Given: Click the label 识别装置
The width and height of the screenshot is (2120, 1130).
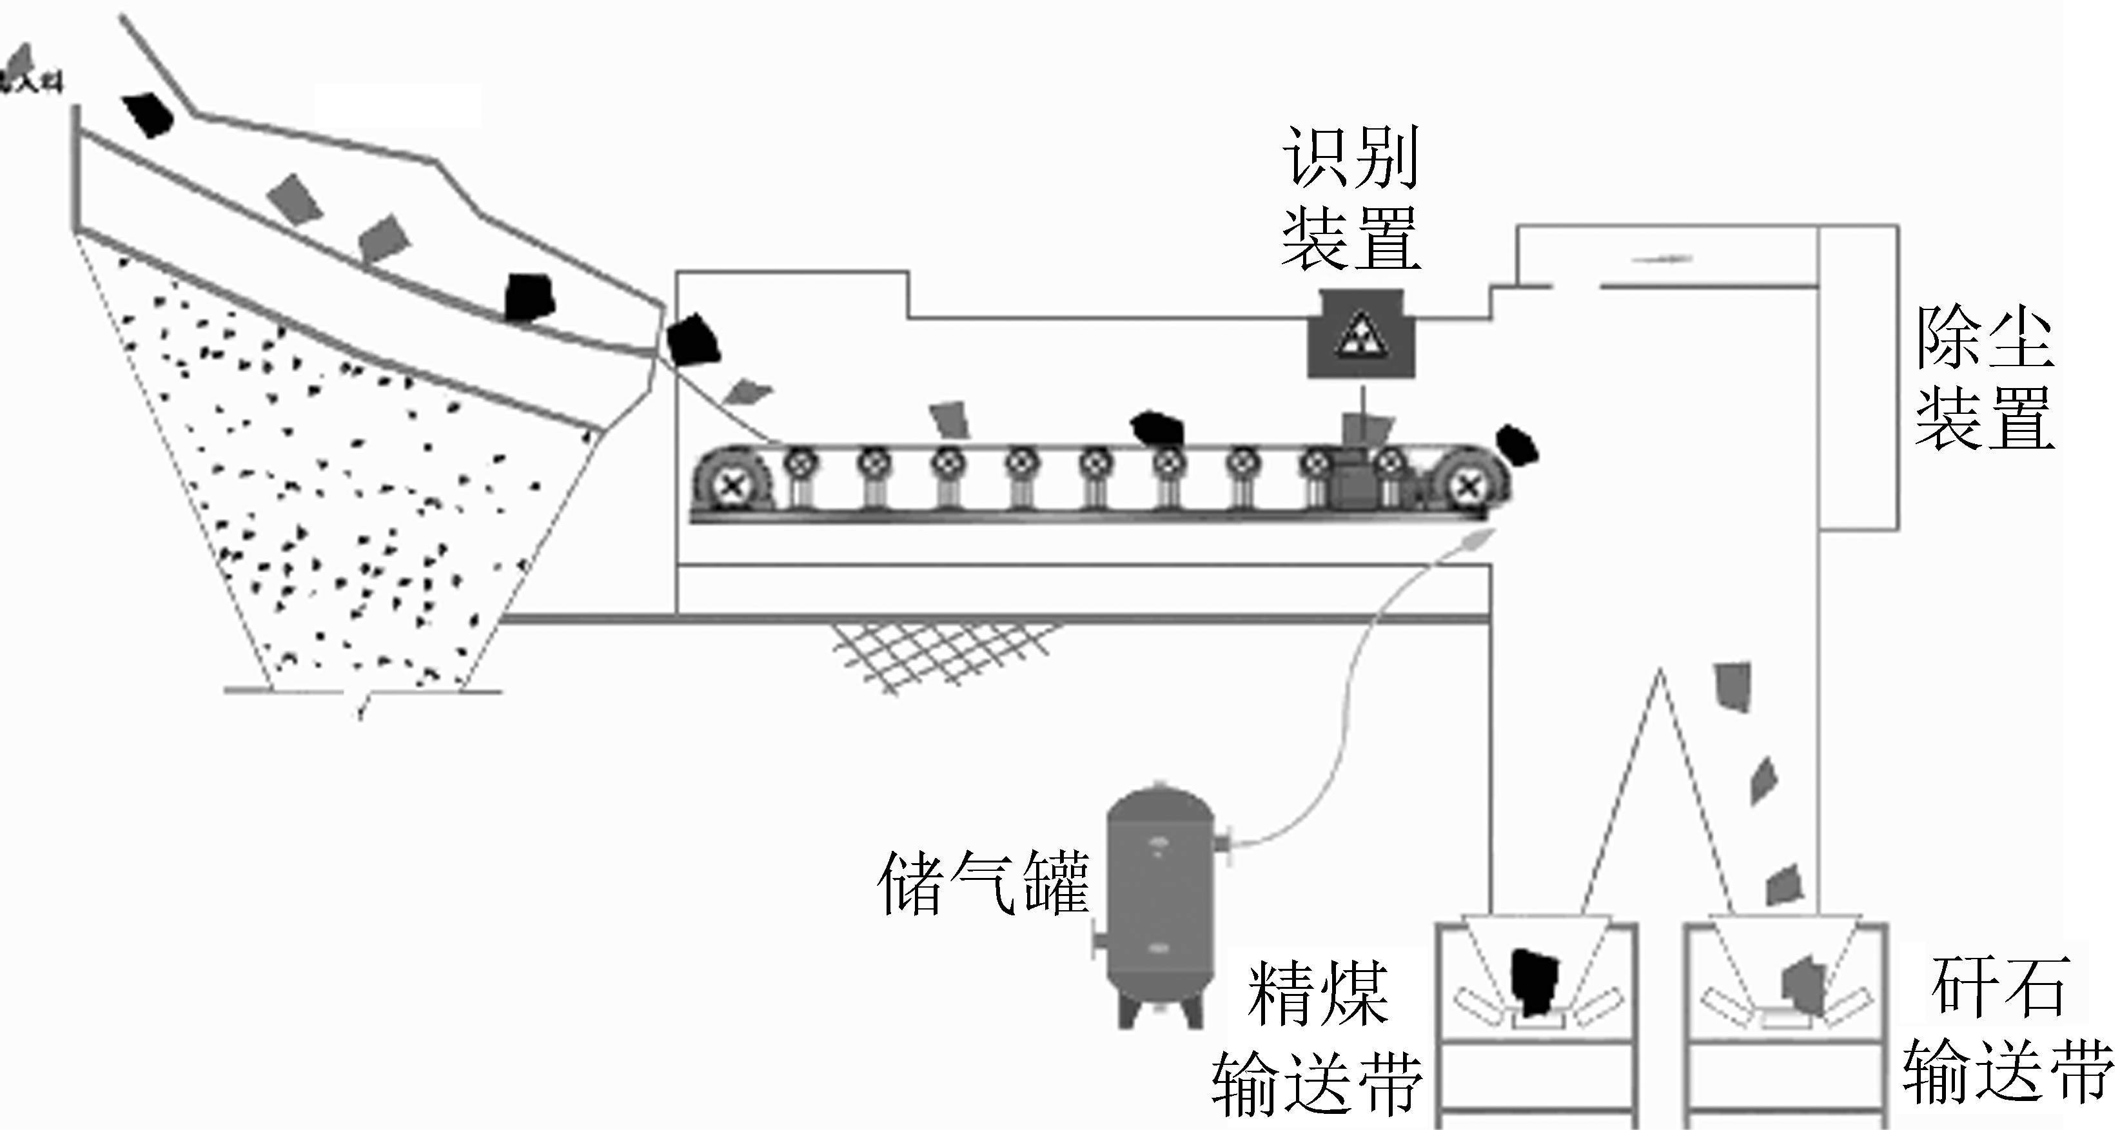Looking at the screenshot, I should click(x=1351, y=197).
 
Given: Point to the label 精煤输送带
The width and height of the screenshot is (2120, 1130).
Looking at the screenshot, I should click(x=1317, y=1038).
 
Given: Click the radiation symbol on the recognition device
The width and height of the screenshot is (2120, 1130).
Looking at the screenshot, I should click(x=1360, y=335).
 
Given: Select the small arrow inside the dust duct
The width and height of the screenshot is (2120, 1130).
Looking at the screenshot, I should click(x=1662, y=259).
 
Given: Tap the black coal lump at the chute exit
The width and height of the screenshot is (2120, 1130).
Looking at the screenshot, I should click(x=692, y=340).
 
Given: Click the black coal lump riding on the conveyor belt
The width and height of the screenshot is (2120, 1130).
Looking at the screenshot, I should click(x=1157, y=429).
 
